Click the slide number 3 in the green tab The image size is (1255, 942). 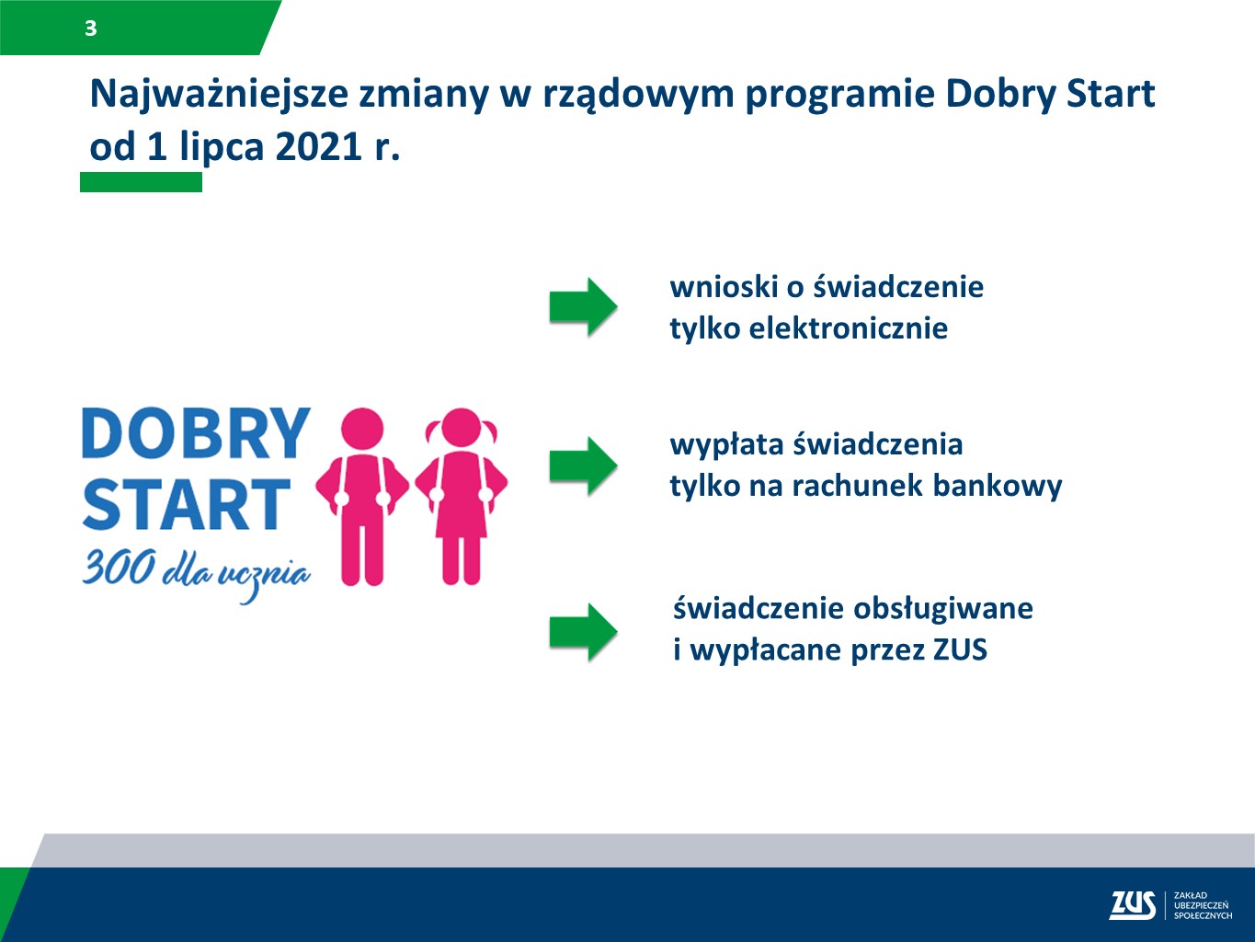pos(90,29)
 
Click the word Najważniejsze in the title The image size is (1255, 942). pos(219,95)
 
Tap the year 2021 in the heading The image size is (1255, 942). pos(317,147)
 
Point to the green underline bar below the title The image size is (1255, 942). pos(141,182)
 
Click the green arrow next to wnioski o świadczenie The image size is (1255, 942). pos(583,306)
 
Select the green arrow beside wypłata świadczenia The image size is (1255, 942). pos(583,465)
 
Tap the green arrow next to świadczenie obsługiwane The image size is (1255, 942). pos(583,632)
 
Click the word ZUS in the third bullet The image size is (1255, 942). pos(960,650)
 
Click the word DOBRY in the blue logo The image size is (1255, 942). pos(196,433)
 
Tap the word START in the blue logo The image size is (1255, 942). pos(187,504)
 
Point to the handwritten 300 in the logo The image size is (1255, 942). pos(119,568)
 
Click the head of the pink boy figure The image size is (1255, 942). pos(361,429)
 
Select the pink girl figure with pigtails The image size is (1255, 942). pos(461,497)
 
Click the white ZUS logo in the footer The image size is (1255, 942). pos(1132,905)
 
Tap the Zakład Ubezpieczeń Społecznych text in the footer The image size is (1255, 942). pos(1202,905)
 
